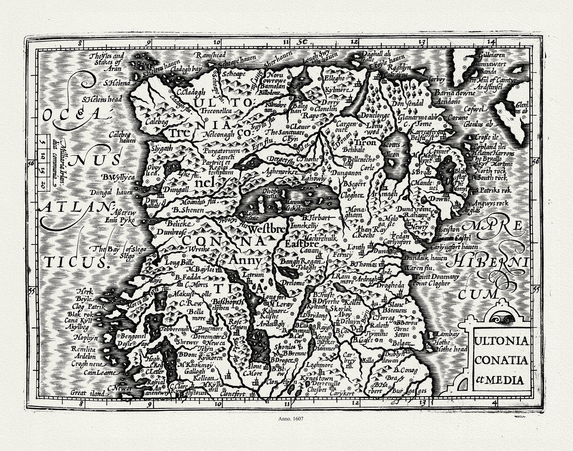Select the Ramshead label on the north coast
click(211, 55)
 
